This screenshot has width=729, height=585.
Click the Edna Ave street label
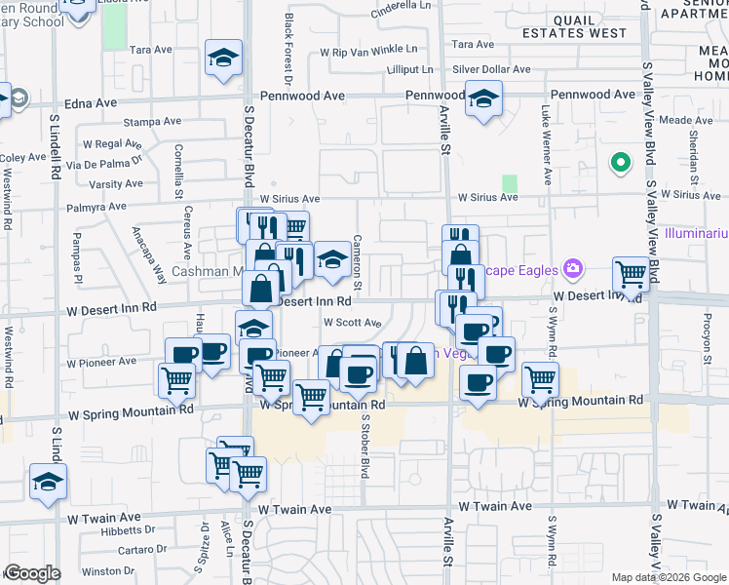[x=90, y=101]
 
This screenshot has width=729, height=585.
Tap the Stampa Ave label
[x=153, y=122]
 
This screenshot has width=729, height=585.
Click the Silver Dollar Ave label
[x=491, y=69]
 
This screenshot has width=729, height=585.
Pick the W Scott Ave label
[x=351, y=322]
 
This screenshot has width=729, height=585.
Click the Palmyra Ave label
[x=96, y=207]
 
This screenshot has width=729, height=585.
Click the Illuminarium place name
[x=696, y=235]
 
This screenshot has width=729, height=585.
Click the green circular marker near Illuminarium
[x=618, y=163]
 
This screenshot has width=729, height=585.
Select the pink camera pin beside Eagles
[x=572, y=268]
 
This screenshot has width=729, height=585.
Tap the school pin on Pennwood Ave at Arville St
[x=482, y=98]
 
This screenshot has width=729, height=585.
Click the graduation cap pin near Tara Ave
[x=223, y=58]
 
